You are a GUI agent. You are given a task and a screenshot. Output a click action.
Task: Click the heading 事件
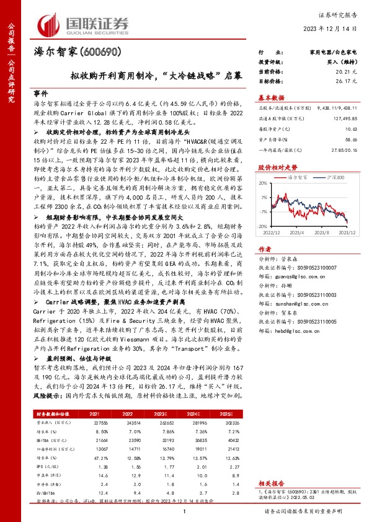(x=41, y=91)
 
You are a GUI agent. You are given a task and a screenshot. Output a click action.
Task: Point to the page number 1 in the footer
(x=185, y=511)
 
